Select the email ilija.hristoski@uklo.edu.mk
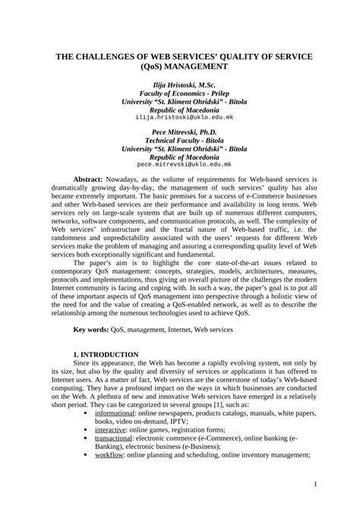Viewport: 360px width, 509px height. (180, 119)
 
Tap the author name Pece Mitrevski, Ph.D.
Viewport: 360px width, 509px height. (180, 132)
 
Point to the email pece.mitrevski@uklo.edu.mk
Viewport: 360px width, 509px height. (180, 164)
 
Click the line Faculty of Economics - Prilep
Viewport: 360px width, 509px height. (180, 93)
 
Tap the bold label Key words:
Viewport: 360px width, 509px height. (91, 330)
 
